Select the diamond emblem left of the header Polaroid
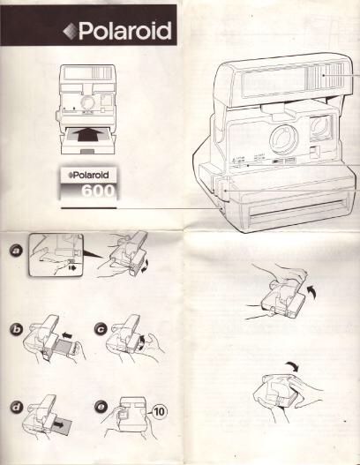[69, 33]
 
